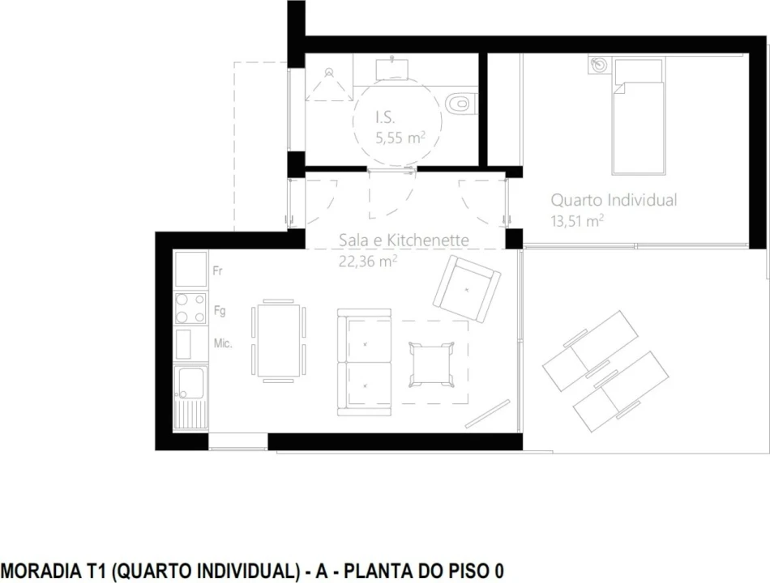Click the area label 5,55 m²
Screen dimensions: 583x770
pyautogui.click(x=400, y=138)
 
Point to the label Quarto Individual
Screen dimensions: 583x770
pyautogui.click(x=614, y=200)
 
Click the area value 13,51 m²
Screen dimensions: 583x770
pyautogui.click(x=577, y=219)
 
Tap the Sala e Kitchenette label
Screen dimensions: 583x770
pyautogui.click(x=404, y=240)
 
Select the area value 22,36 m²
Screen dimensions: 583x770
pyautogui.click(x=367, y=260)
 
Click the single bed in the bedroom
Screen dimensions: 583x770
pyautogui.click(x=638, y=121)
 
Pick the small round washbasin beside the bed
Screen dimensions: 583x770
pyautogui.click(x=599, y=65)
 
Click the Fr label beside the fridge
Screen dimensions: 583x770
pyautogui.click(x=217, y=271)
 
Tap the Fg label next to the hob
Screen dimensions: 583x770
pyautogui.click(x=219, y=310)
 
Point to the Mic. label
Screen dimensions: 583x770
pyautogui.click(x=223, y=344)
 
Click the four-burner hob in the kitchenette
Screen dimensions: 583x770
pyautogui.click(x=190, y=309)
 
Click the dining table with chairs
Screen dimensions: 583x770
pyautogui.click(x=279, y=340)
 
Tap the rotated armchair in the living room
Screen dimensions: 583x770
pyautogui.click(x=466, y=288)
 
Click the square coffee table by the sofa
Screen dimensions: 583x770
pyautogui.click(x=429, y=363)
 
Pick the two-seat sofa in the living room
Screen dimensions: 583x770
pyautogui.click(x=364, y=362)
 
